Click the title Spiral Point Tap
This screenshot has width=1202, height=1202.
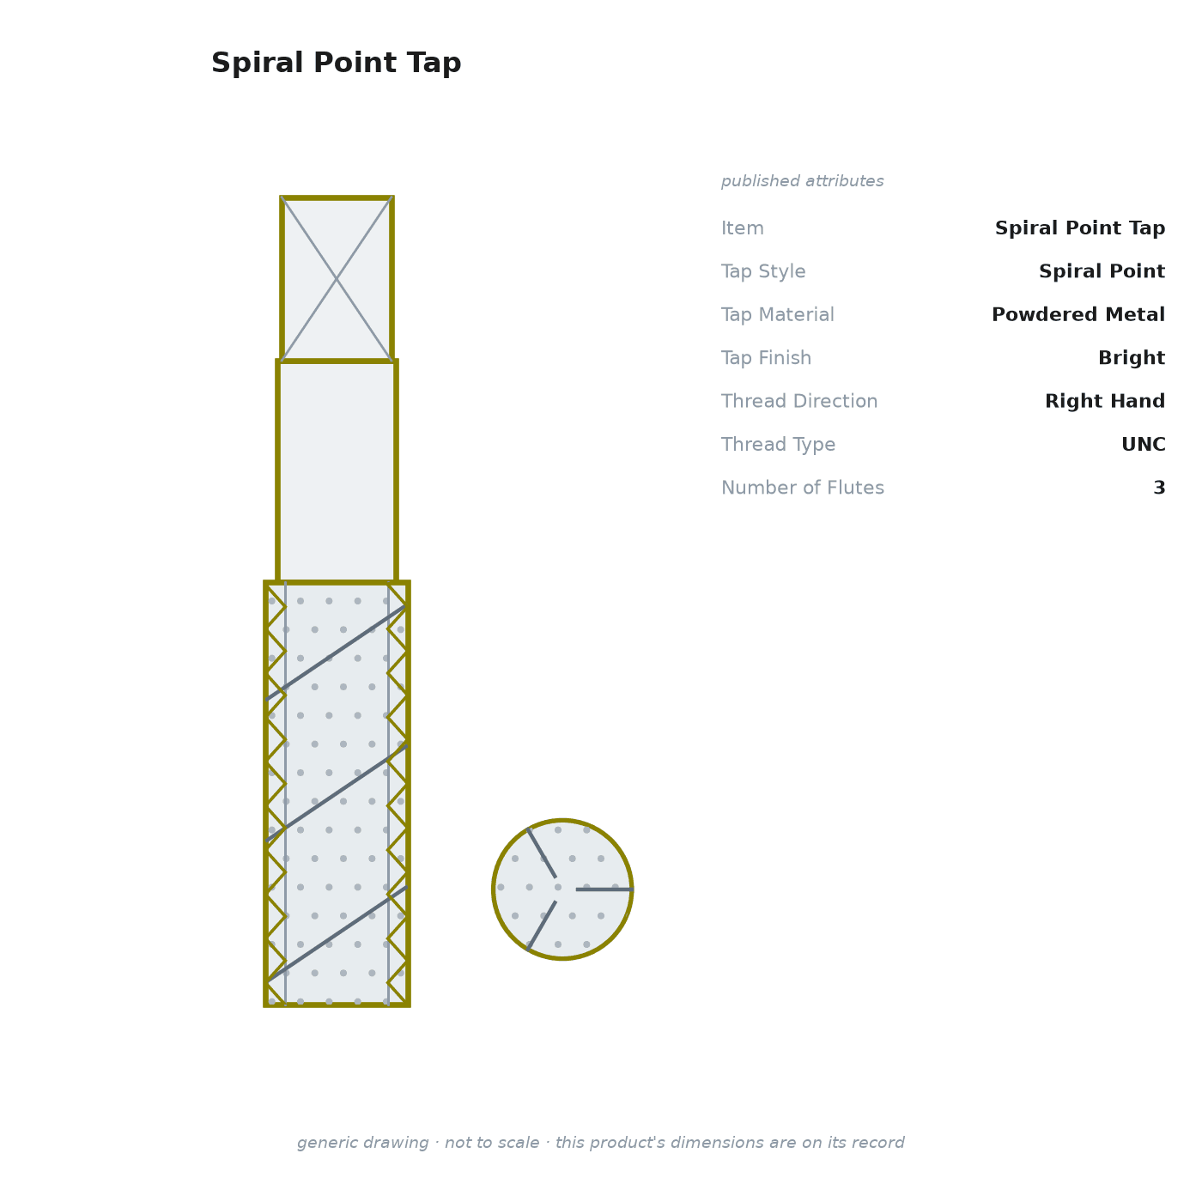coord(336,63)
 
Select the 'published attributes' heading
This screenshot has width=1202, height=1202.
coord(802,181)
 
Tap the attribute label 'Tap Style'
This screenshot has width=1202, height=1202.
coord(763,271)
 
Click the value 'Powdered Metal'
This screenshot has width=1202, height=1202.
coord(1078,314)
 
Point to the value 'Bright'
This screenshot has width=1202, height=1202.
coord(1131,357)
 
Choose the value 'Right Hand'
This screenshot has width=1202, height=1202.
coord(1105,400)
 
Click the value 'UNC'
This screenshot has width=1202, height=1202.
coord(1143,444)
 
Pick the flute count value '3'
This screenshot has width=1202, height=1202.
coord(1159,487)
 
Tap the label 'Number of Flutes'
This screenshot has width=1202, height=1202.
coord(802,487)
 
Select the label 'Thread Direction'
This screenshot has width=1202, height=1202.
coord(799,400)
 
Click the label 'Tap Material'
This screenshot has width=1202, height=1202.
coord(777,314)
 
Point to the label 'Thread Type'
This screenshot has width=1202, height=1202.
coord(778,444)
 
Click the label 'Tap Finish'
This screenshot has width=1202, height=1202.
coord(766,357)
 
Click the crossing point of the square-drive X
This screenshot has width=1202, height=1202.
coord(337,279)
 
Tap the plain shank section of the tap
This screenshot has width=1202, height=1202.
coord(337,471)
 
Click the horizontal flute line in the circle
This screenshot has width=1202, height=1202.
coord(604,889)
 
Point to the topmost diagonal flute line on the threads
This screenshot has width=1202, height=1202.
coord(336,653)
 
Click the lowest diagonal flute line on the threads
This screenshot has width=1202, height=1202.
coord(337,934)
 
